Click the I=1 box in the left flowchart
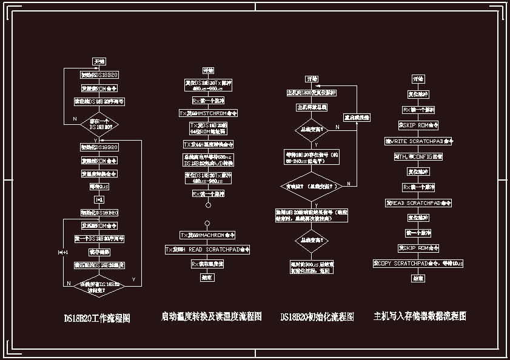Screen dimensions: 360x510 tap(99, 199)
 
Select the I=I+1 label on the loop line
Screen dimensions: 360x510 tap(63, 252)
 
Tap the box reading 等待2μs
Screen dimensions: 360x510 tap(99, 187)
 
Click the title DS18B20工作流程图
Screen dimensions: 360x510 tap(97, 318)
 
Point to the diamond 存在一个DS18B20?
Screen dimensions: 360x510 tap(99, 124)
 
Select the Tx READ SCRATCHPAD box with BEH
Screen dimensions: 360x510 tap(207, 249)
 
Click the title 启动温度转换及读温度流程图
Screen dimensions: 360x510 tap(211, 316)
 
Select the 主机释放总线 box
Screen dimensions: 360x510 tap(312, 107)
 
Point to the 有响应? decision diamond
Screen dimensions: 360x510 tap(312, 186)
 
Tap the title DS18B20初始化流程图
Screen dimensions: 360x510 tap(317, 317)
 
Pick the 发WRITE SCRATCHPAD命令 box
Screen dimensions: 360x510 tap(419, 141)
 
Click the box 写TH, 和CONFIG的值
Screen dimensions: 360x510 tap(418, 156)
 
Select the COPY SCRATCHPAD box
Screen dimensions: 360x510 tap(418, 264)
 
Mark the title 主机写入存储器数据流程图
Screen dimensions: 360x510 tap(420, 316)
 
